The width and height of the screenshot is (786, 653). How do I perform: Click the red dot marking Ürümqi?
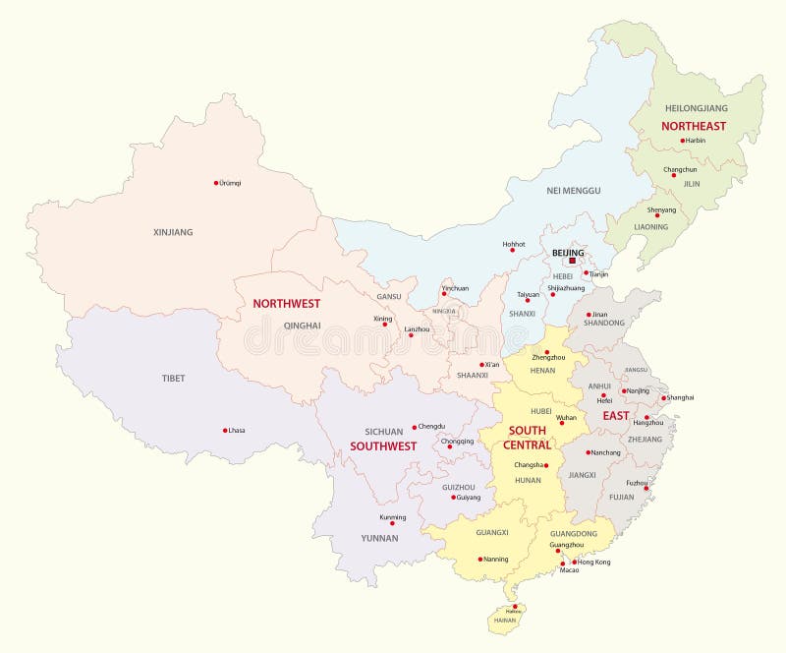[216, 182]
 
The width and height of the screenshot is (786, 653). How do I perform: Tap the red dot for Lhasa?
[225, 430]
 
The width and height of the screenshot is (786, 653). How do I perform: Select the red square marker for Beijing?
[574, 262]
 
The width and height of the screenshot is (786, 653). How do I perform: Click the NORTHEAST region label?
[694, 126]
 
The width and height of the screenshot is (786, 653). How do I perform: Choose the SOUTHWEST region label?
[383, 445]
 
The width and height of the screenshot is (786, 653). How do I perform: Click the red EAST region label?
[616, 416]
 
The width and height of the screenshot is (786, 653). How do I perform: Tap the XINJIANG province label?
[173, 232]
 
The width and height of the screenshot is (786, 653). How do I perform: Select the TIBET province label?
[173, 378]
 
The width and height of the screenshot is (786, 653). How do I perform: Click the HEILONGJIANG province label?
[697, 107]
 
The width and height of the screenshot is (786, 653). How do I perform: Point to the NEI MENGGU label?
[573, 190]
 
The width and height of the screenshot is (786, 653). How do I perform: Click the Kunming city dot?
[392, 523]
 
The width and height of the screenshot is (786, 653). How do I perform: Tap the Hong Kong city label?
[591, 562]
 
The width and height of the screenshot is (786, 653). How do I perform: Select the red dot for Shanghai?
[663, 398]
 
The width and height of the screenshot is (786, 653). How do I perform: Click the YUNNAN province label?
[379, 538]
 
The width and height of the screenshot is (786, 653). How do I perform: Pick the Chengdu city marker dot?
[414, 427]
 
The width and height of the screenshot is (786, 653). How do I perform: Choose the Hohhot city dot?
[512, 249]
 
